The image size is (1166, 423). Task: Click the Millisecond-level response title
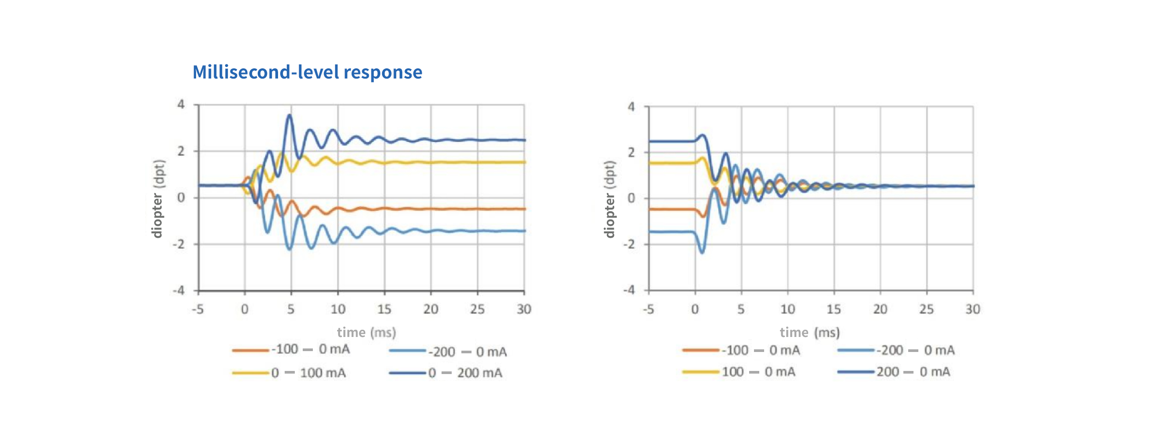307,72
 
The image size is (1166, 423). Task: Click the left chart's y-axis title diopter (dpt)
157,198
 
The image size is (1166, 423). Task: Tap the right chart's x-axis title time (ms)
810,333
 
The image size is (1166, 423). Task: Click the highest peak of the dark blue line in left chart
289,115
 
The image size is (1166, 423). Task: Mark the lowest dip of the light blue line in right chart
702,252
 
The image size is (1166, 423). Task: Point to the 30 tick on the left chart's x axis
524,309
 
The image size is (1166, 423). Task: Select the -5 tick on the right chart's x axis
649,309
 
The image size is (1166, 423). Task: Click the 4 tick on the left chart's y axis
181,105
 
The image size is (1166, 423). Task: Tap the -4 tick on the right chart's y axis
629,290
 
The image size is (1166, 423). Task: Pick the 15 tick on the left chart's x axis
384,309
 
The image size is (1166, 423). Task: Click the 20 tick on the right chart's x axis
880,309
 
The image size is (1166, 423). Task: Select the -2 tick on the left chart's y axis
179,244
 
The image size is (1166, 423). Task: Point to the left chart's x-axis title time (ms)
366,333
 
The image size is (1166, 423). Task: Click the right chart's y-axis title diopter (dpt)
610,199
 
